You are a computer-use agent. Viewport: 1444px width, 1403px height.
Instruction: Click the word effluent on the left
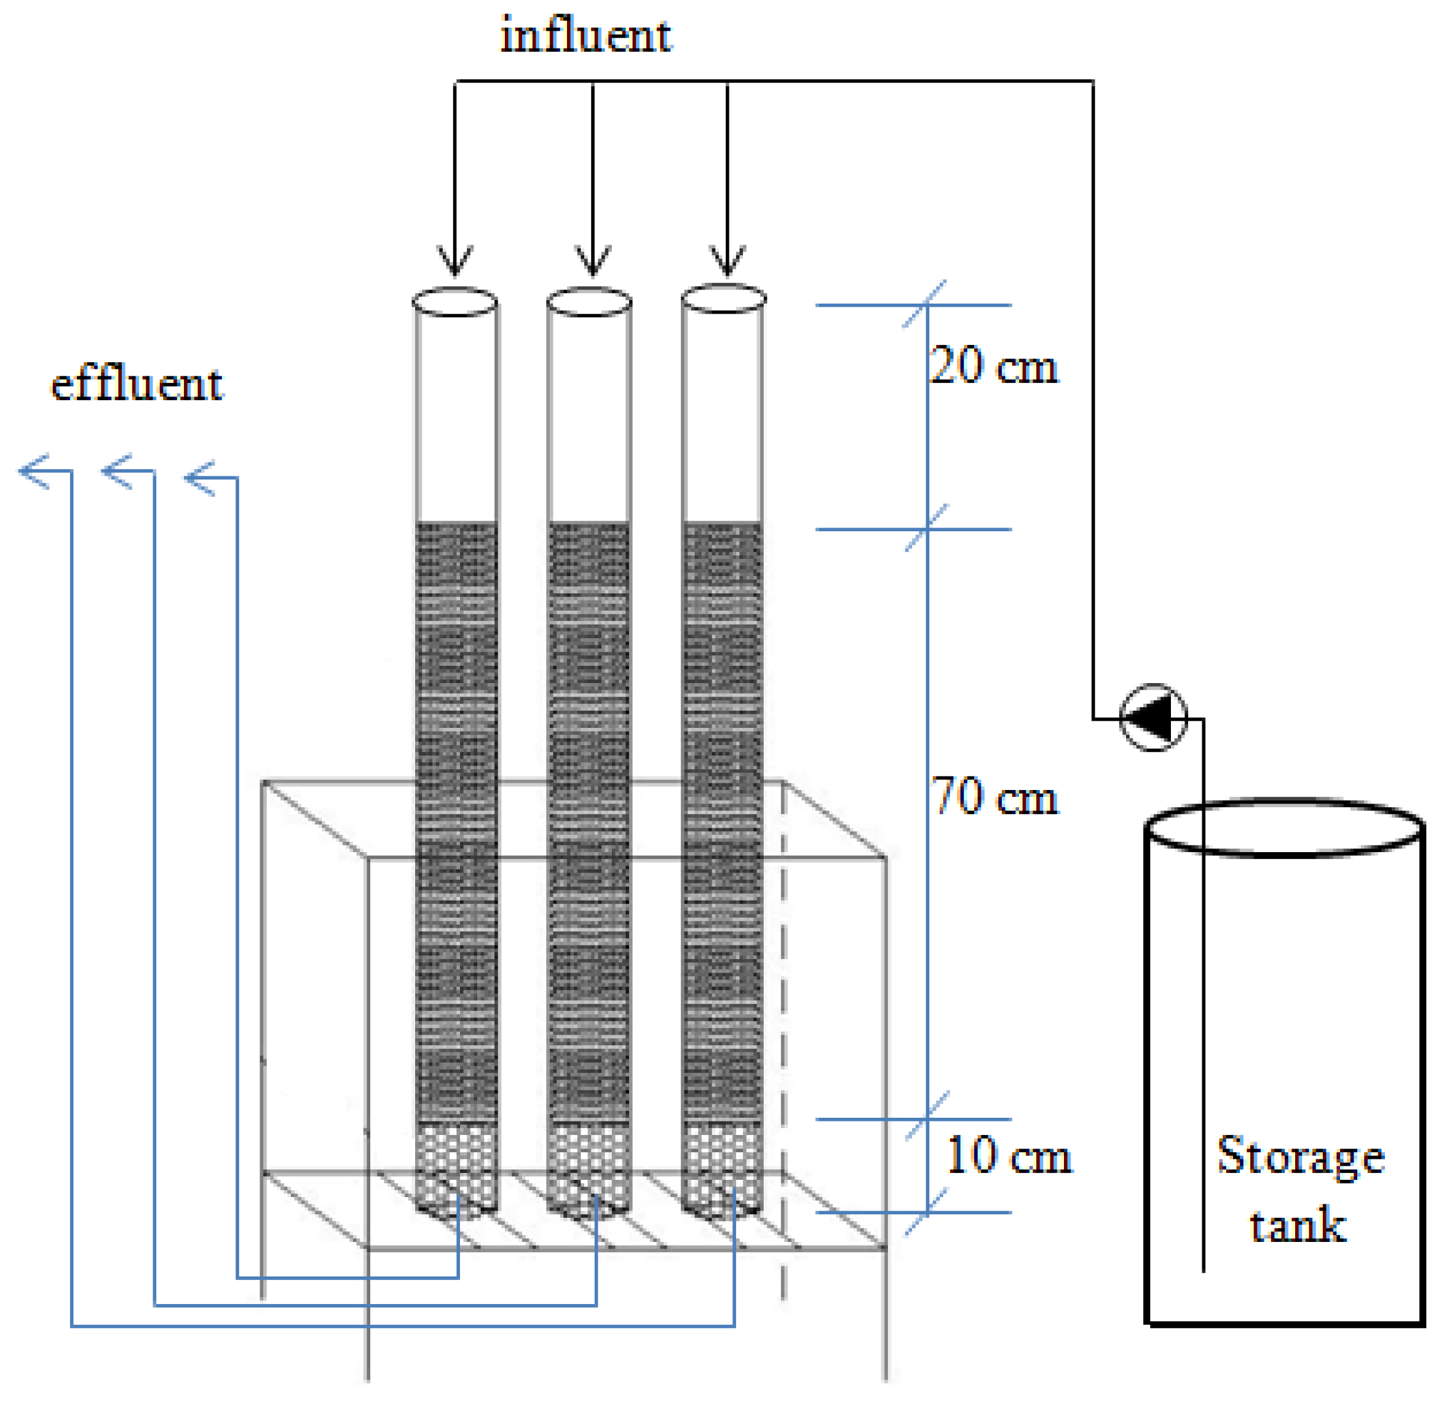click(x=137, y=385)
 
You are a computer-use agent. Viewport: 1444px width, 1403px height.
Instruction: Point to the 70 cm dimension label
click(x=994, y=797)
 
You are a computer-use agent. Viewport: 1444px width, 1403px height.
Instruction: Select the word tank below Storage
click(x=1298, y=1225)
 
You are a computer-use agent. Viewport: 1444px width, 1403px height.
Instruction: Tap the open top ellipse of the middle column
click(x=589, y=302)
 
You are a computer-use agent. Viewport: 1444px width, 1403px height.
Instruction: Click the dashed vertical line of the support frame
click(x=783, y=1032)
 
